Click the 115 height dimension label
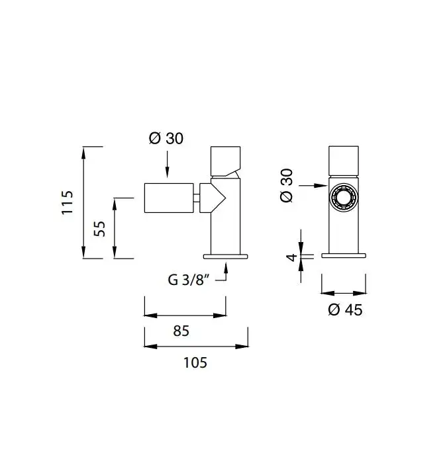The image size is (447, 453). [66, 202]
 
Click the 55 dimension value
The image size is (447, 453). [99, 228]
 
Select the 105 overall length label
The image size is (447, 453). [196, 362]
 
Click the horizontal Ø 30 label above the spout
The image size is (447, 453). [166, 138]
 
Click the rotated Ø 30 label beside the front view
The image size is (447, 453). [287, 186]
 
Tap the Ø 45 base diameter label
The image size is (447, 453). [345, 309]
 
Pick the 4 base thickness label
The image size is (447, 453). [290, 257]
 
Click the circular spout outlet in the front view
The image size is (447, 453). [344, 196]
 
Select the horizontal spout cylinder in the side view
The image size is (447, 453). [169, 196]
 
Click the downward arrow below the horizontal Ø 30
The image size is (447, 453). [168, 165]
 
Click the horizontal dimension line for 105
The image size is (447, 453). [196, 346]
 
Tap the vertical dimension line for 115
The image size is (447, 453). [84, 202]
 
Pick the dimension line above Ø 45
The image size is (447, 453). [344, 292]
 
